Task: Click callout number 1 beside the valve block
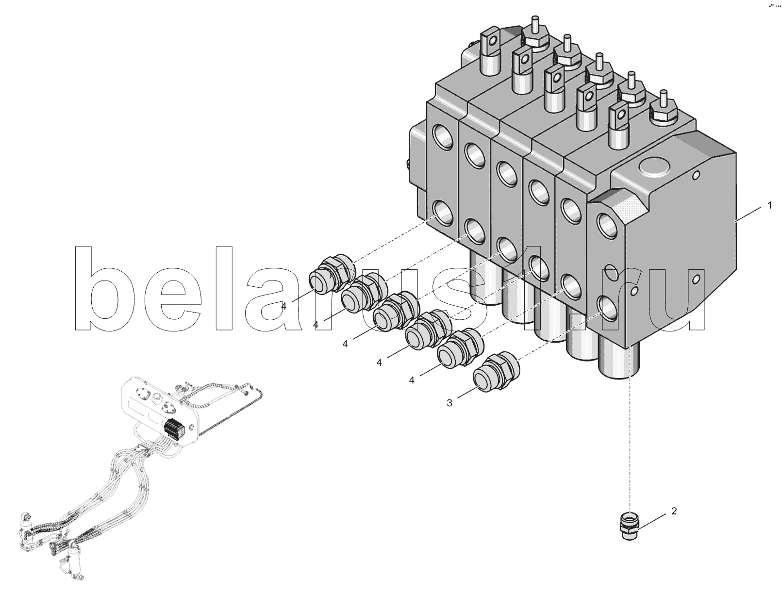[769, 205]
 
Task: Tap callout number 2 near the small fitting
[674, 511]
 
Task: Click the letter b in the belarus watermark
[106, 288]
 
